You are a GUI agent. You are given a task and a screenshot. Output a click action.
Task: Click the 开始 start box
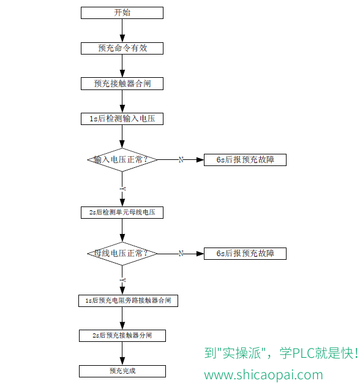click(x=122, y=13)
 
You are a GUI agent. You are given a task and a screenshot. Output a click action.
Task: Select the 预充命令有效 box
click(x=122, y=48)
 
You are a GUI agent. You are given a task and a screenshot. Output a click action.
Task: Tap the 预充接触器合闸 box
click(x=122, y=84)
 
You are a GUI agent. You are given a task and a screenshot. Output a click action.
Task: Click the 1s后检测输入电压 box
click(x=122, y=119)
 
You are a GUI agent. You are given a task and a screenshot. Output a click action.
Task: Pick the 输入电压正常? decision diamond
click(x=122, y=160)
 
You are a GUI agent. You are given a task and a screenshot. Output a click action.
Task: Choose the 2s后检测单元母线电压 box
click(x=122, y=213)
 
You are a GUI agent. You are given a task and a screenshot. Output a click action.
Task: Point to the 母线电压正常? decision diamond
click(x=122, y=254)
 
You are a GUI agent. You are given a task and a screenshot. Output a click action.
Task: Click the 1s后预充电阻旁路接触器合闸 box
click(x=128, y=301)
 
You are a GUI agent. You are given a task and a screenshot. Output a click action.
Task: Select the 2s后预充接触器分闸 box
click(x=122, y=336)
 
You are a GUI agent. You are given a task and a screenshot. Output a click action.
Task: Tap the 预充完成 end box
click(x=122, y=371)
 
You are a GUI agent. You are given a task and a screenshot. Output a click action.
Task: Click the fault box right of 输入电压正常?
click(x=245, y=160)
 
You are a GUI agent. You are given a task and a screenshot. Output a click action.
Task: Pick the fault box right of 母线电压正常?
click(x=245, y=254)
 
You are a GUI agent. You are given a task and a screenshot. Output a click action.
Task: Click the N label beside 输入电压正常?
click(x=181, y=160)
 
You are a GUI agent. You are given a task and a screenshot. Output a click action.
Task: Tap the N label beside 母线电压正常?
click(x=181, y=254)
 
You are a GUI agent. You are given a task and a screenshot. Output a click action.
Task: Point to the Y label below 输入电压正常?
click(x=122, y=189)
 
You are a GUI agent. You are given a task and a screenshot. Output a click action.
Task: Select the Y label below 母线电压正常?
click(x=122, y=281)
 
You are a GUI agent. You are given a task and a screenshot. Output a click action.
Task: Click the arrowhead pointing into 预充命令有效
click(x=122, y=39)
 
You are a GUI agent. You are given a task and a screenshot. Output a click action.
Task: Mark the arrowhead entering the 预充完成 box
click(x=122, y=361)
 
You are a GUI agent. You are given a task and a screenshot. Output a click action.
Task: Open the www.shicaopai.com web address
click(x=263, y=375)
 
